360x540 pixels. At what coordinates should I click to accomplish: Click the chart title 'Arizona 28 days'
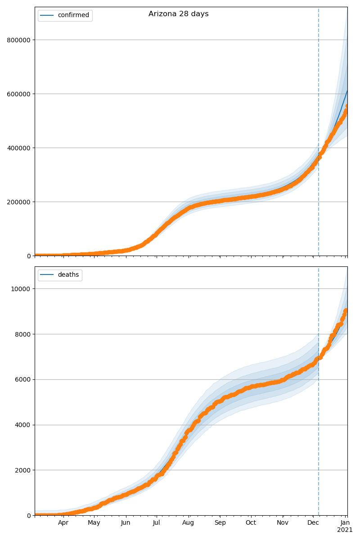pyautogui.click(x=179, y=14)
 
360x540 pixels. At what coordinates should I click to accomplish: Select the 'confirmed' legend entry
pyautogui.click(x=73, y=15)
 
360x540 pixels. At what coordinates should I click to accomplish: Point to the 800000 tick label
pyautogui.click(x=18, y=40)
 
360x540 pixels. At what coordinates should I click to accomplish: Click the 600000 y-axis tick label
pyautogui.click(x=18, y=94)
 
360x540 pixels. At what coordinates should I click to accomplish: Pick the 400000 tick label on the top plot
pyautogui.click(x=18, y=148)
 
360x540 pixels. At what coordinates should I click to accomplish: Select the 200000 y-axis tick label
pyautogui.click(x=18, y=202)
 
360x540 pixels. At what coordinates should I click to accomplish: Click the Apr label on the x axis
pyautogui.click(x=63, y=523)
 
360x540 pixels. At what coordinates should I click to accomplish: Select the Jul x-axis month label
pyautogui.click(x=156, y=523)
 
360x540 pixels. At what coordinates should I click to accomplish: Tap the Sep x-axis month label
pyautogui.click(x=220, y=523)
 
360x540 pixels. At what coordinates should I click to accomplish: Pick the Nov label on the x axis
pyautogui.click(x=283, y=523)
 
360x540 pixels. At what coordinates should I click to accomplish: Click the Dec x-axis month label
pyautogui.click(x=313, y=523)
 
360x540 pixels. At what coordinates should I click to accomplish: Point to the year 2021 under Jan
pyautogui.click(x=345, y=530)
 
